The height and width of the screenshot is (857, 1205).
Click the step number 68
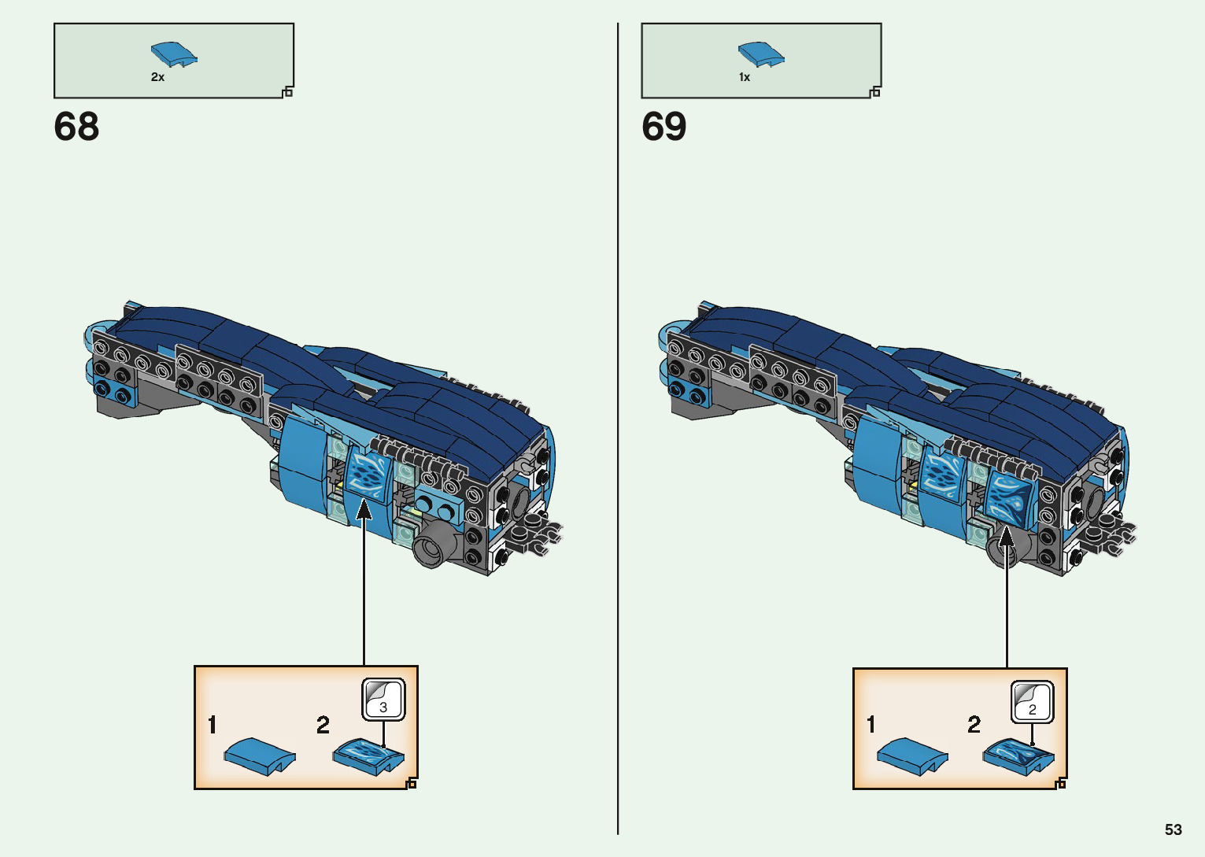(x=76, y=127)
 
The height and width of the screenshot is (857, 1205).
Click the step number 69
(x=663, y=127)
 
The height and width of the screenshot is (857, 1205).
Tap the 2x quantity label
(x=157, y=77)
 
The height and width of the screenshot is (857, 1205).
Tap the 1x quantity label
(x=744, y=77)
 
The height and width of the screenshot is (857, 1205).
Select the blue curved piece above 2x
(x=174, y=54)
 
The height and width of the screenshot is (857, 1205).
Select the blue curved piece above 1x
(x=761, y=54)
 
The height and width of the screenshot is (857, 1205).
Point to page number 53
(x=1173, y=829)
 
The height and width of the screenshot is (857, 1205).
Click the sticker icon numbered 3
(x=383, y=699)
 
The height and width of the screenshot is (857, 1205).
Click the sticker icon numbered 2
(x=1032, y=701)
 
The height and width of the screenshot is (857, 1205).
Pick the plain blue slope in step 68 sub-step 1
(x=259, y=755)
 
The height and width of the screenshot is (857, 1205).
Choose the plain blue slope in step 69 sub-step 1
(x=911, y=756)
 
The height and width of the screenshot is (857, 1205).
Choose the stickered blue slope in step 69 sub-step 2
(x=1018, y=756)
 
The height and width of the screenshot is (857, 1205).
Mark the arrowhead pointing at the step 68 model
(x=364, y=510)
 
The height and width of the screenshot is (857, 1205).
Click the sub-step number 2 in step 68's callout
(x=323, y=725)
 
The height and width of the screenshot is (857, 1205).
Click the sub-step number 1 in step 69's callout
(x=870, y=724)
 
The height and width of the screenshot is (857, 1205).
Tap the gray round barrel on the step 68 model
(x=431, y=545)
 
